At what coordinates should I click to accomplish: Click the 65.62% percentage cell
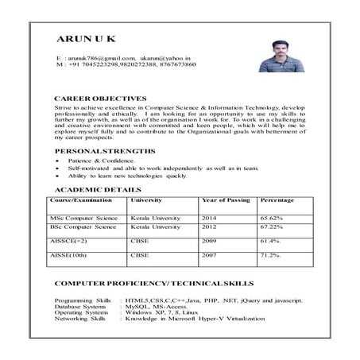click(x=271, y=217)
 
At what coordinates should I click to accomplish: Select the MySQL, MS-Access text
click(x=157, y=306)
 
